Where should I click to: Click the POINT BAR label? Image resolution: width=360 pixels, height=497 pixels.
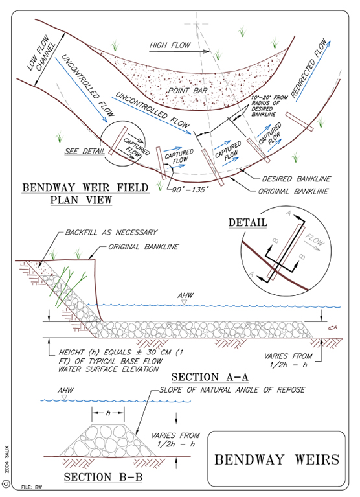click(x=188, y=91)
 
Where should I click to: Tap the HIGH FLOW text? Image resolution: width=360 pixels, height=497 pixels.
click(x=170, y=45)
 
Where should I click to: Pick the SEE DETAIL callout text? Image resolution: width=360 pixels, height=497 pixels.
click(x=85, y=151)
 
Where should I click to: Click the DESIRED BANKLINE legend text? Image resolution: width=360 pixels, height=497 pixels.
click(x=296, y=179)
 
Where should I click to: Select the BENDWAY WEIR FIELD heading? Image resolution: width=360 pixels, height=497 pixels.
click(x=85, y=187)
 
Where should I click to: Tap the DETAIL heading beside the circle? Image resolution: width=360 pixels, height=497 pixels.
click(x=248, y=222)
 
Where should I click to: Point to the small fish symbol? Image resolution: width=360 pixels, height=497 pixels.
click(x=332, y=327)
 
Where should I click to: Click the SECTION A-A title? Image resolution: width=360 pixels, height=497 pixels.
click(x=210, y=377)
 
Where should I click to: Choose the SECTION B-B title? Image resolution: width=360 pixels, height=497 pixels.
click(x=103, y=477)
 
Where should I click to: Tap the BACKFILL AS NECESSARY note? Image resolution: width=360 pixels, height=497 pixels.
click(x=111, y=233)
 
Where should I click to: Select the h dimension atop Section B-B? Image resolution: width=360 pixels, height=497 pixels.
click(x=108, y=413)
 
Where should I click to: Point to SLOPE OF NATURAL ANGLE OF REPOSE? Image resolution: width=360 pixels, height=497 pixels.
click(x=232, y=390)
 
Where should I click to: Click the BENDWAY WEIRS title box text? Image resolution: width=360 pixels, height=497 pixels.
click(x=276, y=459)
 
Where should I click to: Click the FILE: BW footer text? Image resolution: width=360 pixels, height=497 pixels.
click(x=32, y=487)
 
